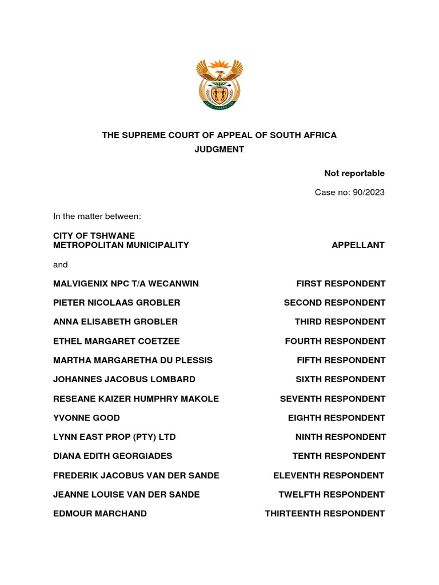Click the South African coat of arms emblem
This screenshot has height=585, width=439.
coord(219,84)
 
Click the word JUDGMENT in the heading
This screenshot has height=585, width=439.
coord(219,150)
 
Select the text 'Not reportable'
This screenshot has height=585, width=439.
coord(354,174)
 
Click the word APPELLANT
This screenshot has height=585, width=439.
coord(358,245)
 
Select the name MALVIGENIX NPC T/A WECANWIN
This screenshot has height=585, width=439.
coord(126,284)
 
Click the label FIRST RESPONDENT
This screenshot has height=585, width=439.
coord(341,284)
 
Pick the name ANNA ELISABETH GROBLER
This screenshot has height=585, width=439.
coord(115,322)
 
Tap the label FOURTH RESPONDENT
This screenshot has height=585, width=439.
coord(335,342)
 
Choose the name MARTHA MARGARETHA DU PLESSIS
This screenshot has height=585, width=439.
coord(133,360)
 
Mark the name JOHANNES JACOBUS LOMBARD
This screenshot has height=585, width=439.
coord(124,380)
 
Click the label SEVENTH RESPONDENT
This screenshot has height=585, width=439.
coord(333,399)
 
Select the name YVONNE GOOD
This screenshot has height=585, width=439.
coord(86,418)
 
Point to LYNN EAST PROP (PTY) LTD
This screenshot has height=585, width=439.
coord(114,437)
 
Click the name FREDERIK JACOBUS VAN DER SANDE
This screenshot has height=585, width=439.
coord(136,476)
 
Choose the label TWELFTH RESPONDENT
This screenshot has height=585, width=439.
coord(332,495)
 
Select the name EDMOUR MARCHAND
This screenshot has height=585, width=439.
coord(100,514)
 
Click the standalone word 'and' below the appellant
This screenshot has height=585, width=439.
coord(60,265)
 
